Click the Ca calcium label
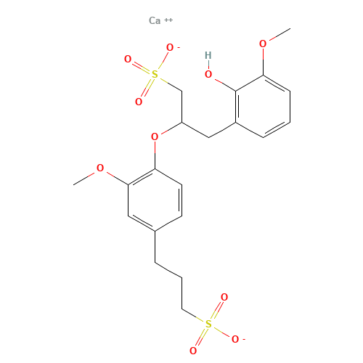154,20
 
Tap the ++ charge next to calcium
168,19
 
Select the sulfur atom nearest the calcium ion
153,73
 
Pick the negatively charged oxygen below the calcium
171,49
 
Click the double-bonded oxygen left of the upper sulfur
128,60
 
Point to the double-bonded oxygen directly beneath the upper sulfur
139,102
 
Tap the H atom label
208,55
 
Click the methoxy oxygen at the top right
263,44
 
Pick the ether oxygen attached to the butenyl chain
154,136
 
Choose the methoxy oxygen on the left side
100,168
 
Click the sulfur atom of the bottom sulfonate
208,324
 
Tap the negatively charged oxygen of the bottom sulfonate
234,338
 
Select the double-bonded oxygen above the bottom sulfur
224,297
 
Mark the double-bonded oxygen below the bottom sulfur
193,351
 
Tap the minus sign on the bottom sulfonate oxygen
242,336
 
